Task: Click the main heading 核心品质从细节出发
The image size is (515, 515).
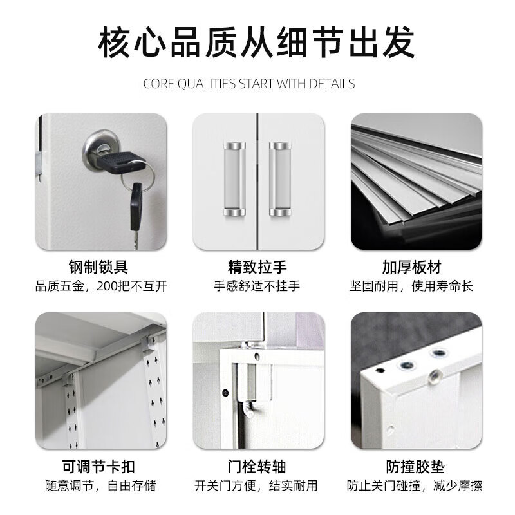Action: pos(257,43)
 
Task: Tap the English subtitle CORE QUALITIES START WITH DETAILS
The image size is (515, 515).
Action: pos(249,84)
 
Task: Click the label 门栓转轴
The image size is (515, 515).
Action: pos(257,467)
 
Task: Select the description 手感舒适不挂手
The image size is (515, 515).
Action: pos(257,286)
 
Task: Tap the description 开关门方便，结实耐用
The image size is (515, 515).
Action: pos(257,485)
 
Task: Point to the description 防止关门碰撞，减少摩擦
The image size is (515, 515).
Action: pos(415,485)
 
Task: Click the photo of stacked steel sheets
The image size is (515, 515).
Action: pos(416,181)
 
